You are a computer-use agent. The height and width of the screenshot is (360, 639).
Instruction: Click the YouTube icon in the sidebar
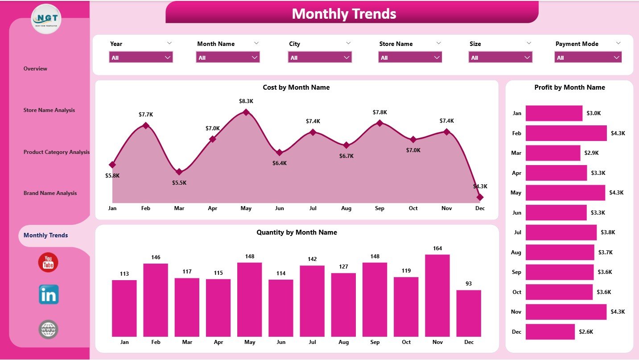coord(48,262)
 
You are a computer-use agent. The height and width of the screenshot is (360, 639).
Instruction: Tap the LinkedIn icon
coord(48,294)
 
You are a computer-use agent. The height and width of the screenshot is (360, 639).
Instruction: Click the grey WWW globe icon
coord(48,330)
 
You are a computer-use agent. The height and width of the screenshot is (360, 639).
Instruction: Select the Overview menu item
coord(35,69)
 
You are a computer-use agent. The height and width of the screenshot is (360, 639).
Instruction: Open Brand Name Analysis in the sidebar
coord(50,193)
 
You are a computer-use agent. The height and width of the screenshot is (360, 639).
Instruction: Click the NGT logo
coord(46,19)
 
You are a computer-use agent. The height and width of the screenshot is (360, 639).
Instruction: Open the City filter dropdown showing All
coord(319,57)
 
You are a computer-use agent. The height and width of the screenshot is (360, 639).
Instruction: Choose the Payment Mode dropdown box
coord(588,57)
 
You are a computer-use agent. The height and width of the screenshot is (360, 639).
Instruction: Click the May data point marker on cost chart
coord(246,112)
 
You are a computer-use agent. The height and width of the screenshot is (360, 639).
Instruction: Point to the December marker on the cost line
coord(480,197)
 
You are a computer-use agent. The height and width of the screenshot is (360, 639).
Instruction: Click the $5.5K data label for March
coord(179,183)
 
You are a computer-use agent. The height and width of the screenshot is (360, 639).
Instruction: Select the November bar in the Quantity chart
coord(437,295)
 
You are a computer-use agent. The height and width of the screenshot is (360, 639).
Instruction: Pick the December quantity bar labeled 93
coord(469,313)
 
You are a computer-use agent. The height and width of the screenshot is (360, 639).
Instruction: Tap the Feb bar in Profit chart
coord(566,133)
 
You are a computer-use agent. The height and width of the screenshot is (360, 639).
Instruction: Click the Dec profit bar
coord(550,331)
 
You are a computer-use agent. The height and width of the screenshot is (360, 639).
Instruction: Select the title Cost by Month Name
coord(296,87)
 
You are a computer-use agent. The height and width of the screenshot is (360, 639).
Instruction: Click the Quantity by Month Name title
coord(297,232)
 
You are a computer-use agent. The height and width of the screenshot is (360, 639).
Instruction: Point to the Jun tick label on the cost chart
coord(279,208)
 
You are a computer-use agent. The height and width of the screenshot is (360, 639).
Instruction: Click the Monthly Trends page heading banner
coord(344,13)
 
